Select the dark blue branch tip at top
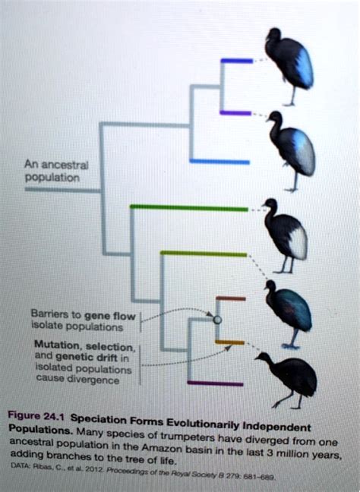pyautogui.click(x=236, y=61)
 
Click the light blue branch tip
pyautogui.click(x=220, y=161)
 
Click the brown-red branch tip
pyautogui.click(x=231, y=298)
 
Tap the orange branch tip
pyautogui.click(x=230, y=342)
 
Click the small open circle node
pyautogui.click(x=217, y=320)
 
